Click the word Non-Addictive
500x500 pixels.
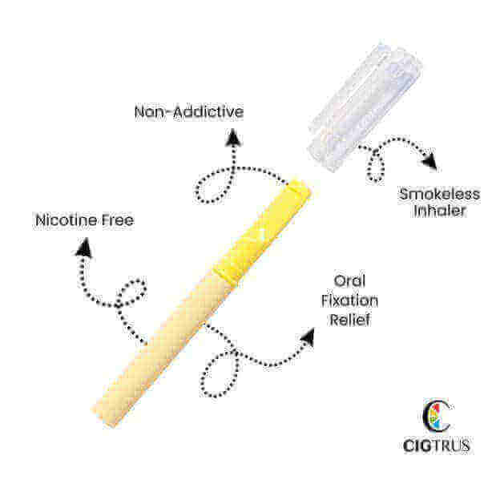(188, 111)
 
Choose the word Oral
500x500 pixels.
(351, 281)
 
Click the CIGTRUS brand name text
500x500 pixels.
(437, 444)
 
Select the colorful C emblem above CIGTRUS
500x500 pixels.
(437, 414)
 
